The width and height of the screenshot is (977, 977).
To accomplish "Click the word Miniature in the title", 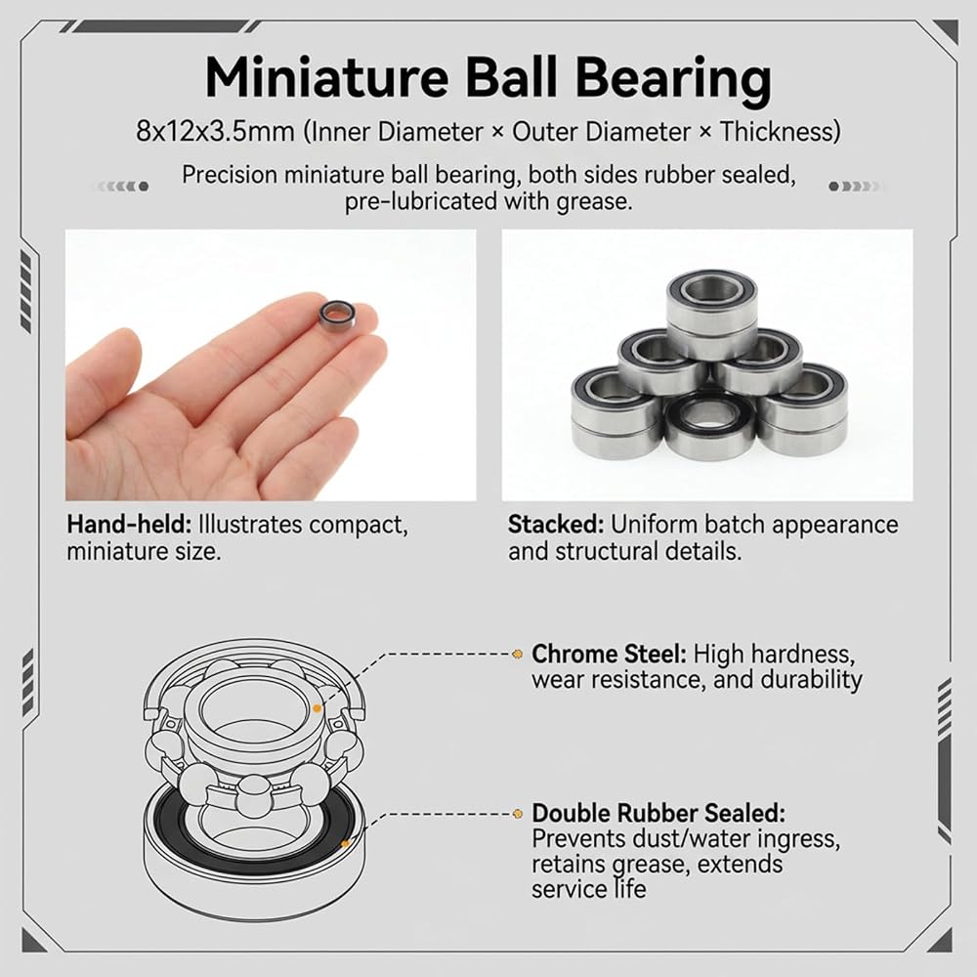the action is point(326,77).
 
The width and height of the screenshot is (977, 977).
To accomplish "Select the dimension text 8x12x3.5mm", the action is point(215,132).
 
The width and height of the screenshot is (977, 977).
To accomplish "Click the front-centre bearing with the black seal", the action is point(709,424).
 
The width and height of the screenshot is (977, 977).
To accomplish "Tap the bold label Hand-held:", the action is point(129,524).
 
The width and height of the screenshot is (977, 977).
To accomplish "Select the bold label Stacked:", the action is point(556,524).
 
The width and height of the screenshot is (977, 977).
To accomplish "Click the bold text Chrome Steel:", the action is point(609,654).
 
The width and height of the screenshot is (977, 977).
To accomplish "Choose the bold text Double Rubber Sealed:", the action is point(658,813).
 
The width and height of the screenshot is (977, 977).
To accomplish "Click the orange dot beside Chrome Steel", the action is point(517,654).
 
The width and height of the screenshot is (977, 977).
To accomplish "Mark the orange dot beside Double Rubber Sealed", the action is point(517,814).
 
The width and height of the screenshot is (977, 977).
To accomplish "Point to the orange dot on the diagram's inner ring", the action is point(318,708).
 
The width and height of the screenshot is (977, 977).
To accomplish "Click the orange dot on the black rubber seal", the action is point(345,844).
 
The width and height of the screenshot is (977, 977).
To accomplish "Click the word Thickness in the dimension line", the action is point(780,132).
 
